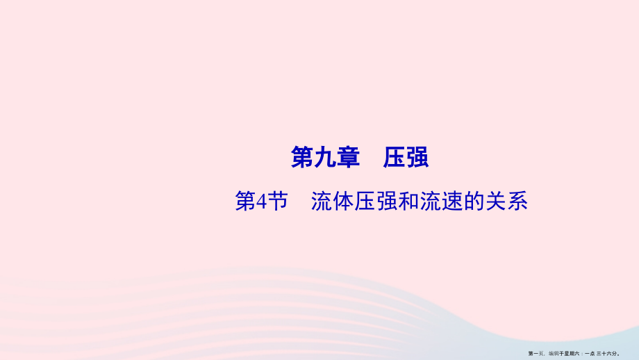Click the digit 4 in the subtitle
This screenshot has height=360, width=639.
tap(263, 202)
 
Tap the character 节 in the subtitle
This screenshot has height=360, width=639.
tap(278, 202)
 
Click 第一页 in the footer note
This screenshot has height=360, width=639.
tap(536, 353)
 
